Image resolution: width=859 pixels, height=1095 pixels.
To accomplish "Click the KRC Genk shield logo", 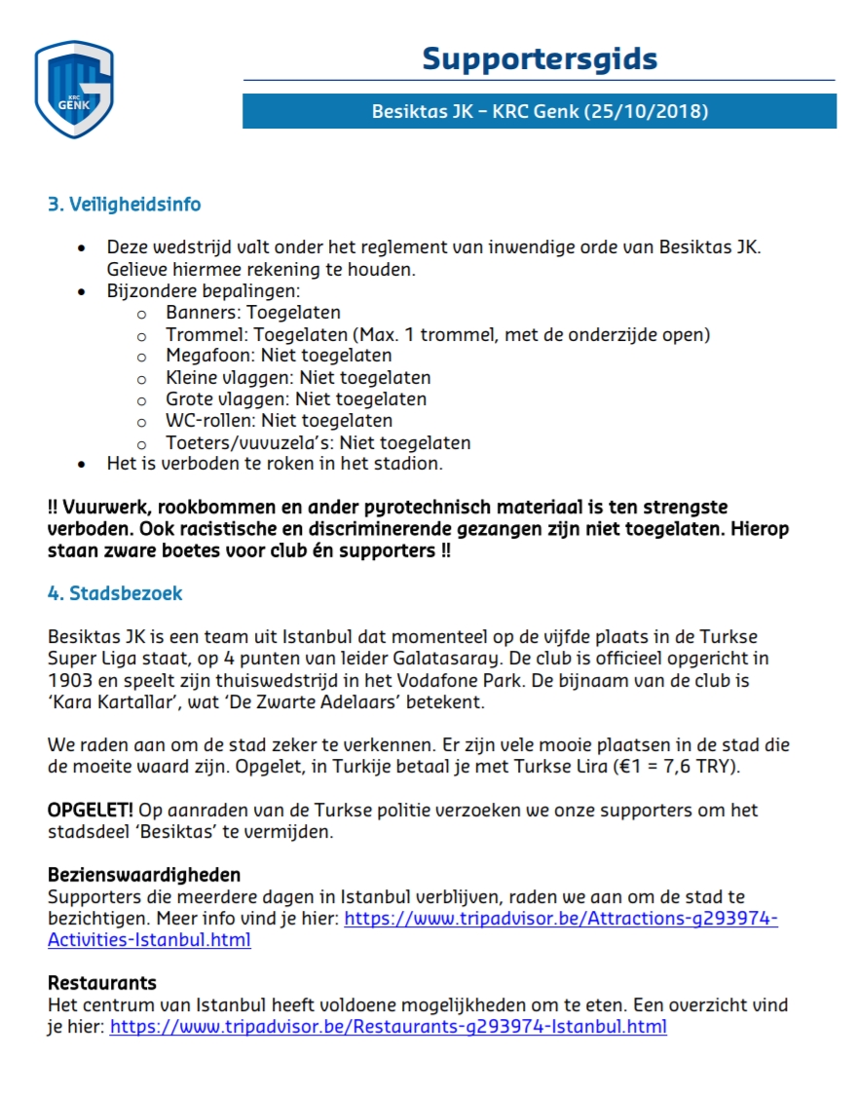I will (x=74, y=89).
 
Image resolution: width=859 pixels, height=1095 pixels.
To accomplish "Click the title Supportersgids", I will (x=539, y=59).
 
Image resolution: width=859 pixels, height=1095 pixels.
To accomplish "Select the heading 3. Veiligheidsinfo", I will (x=125, y=205).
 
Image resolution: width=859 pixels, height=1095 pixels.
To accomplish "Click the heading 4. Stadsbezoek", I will (x=115, y=592).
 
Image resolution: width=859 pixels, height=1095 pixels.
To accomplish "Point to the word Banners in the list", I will (x=204, y=313).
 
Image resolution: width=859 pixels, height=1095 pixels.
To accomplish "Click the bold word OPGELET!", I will (x=91, y=810).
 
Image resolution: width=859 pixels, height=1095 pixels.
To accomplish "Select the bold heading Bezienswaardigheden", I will (x=144, y=874).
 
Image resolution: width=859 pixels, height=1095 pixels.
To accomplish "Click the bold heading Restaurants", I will (x=102, y=982).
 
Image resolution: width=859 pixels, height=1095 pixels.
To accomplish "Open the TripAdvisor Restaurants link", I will (x=388, y=1026).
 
